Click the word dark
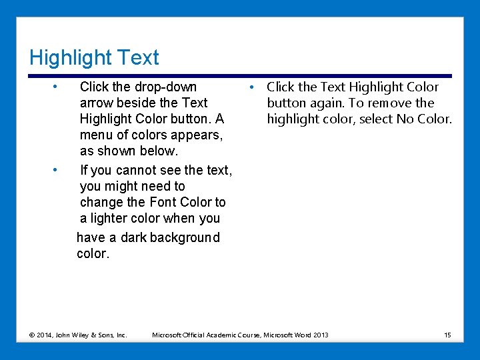click(x=132, y=237)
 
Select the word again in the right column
click(x=325, y=103)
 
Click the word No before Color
click(x=409, y=119)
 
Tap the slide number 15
click(x=447, y=335)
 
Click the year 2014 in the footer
click(x=45, y=335)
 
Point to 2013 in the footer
click(x=320, y=335)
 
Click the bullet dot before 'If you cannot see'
click(x=57, y=169)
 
